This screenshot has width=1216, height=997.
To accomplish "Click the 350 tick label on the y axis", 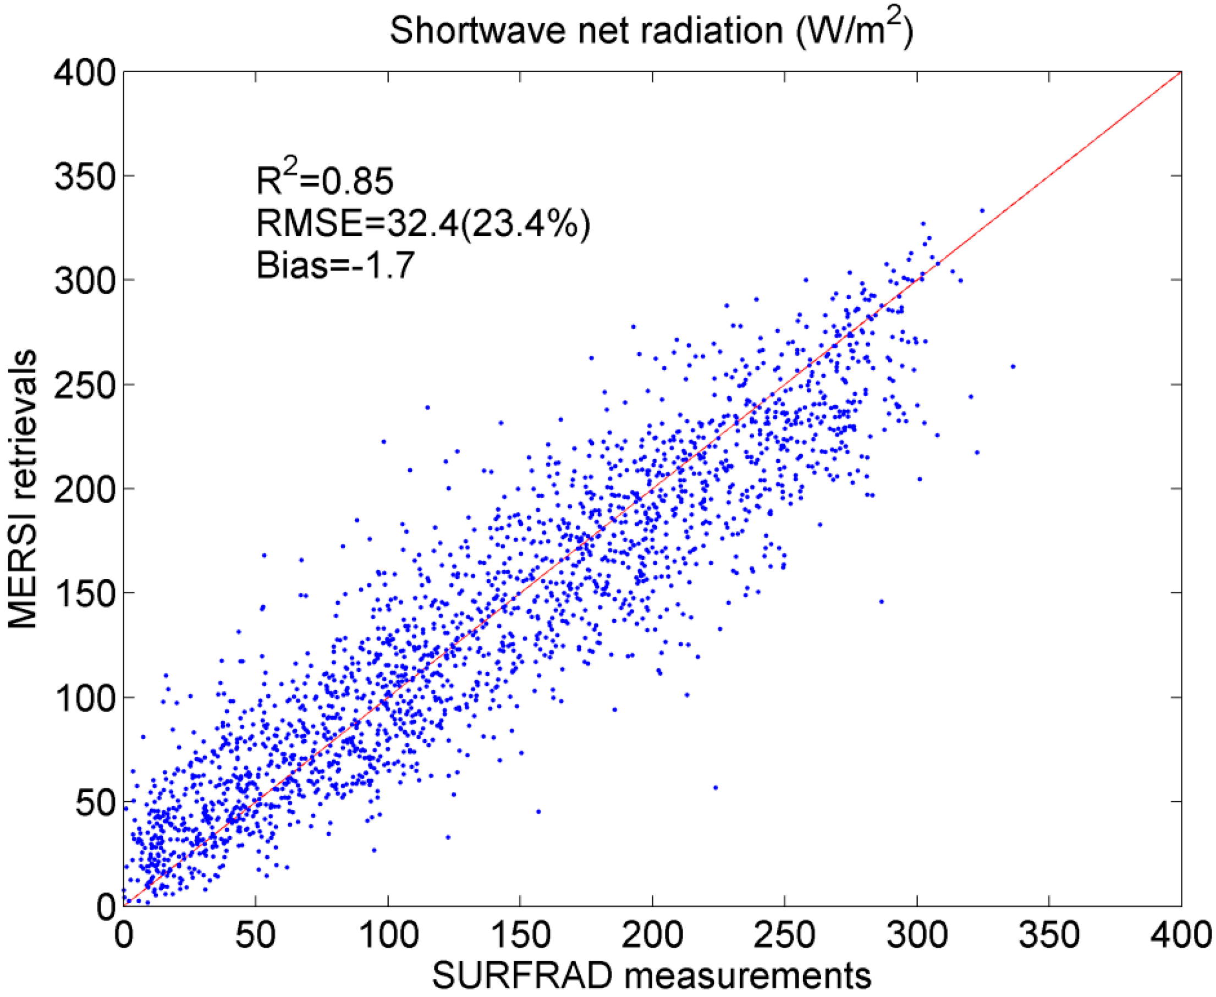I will click(x=85, y=178).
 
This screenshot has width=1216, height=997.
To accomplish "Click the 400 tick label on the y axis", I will click(x=85, y=74).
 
